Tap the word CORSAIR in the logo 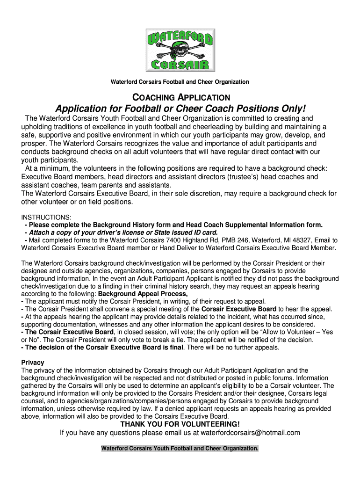point(180,63)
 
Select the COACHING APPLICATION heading point(181,97)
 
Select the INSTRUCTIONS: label point(46,218)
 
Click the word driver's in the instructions point(107,232)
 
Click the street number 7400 point(154,240)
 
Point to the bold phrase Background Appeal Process point(144,294)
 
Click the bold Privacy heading point(33,363)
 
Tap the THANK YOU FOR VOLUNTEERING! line point(180,424)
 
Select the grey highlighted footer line point(180,448)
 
